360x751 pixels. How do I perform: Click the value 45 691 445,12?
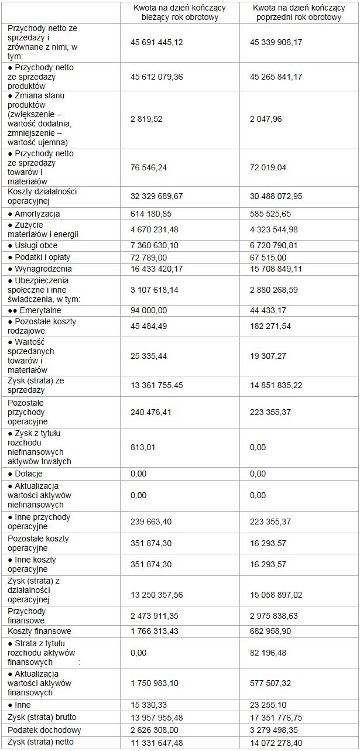160,42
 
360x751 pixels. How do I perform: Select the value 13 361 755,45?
160,384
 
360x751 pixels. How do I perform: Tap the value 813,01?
142,447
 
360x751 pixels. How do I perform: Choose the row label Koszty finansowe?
39,631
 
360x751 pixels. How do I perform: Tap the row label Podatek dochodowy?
43,730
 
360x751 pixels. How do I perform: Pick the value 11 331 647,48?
160,743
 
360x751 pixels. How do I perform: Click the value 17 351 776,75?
277,717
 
